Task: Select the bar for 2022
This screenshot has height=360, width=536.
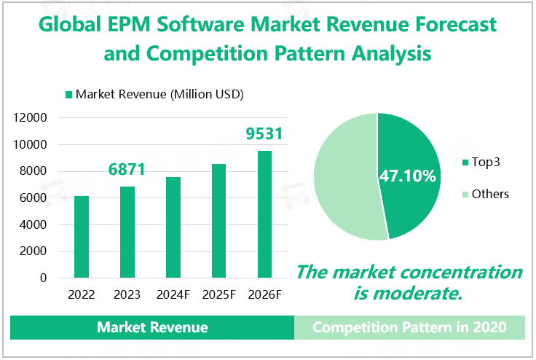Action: coord(82,237)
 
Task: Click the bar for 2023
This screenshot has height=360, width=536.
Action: coord(127,232)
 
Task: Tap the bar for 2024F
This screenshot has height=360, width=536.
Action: coord(173,227)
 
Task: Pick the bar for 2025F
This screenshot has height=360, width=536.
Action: coord(219,221)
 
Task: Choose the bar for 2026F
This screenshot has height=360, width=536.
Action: coord(264,214)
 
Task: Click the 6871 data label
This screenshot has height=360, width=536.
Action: coord(127,170)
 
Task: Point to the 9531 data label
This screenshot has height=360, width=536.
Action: coord(264,134)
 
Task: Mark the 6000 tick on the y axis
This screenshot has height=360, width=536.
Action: coord(35,198)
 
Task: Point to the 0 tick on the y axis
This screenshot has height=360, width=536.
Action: coord(43,278)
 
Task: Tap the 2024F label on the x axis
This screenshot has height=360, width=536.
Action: coord(173,295)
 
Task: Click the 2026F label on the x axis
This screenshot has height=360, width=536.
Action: coord(264,295)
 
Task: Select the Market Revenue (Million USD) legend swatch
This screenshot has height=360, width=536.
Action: coord(69,95)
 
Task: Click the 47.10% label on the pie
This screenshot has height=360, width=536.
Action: coord(407,176)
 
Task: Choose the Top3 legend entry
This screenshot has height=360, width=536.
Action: coord(485,161)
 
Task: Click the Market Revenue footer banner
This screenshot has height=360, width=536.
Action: coord(152,328)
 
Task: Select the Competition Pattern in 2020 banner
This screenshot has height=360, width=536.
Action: coord(409,328)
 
